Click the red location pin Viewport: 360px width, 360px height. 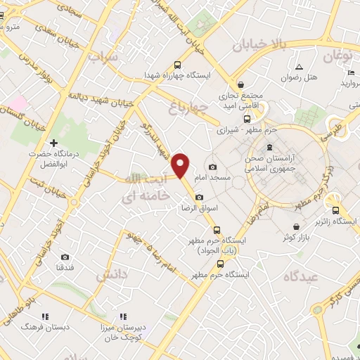pos(181,164)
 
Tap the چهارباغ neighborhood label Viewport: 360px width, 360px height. pos(190,107)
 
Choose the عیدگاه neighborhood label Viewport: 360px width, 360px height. pos(300,276)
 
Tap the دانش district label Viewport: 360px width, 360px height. pos(112,275)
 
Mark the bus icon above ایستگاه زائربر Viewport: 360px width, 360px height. pos(335,210)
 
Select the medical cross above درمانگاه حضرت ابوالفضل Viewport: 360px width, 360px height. pos(53,143)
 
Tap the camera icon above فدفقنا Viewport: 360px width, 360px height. pos(65,257)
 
